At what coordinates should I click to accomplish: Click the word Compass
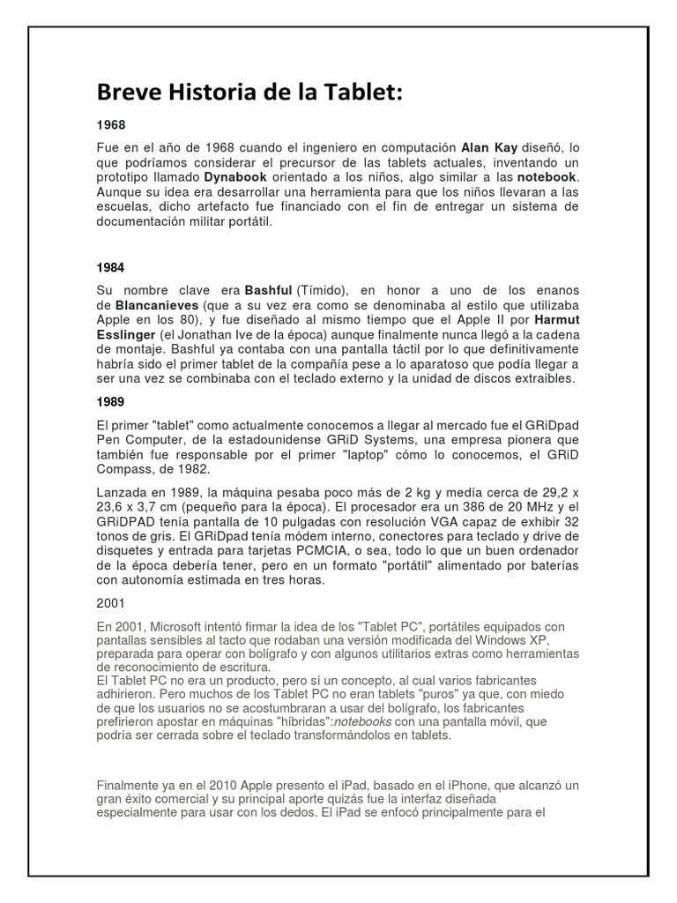click(126, 470)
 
